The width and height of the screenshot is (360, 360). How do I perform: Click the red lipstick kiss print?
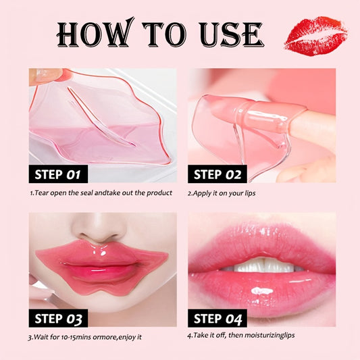315,36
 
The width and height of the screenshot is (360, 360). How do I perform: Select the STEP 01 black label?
58,174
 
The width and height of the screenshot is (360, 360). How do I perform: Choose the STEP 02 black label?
217,174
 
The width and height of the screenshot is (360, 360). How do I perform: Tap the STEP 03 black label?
58,318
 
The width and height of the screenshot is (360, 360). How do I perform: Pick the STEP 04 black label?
217,318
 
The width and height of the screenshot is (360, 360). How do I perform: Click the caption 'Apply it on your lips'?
224,193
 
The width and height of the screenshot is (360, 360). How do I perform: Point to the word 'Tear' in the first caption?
42,192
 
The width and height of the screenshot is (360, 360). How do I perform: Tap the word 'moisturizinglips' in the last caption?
269,336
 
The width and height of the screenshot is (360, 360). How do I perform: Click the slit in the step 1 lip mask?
101,117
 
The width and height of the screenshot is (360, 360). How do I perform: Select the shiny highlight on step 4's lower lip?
262,291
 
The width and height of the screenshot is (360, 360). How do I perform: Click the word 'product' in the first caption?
159,193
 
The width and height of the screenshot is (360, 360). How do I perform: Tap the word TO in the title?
165,34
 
